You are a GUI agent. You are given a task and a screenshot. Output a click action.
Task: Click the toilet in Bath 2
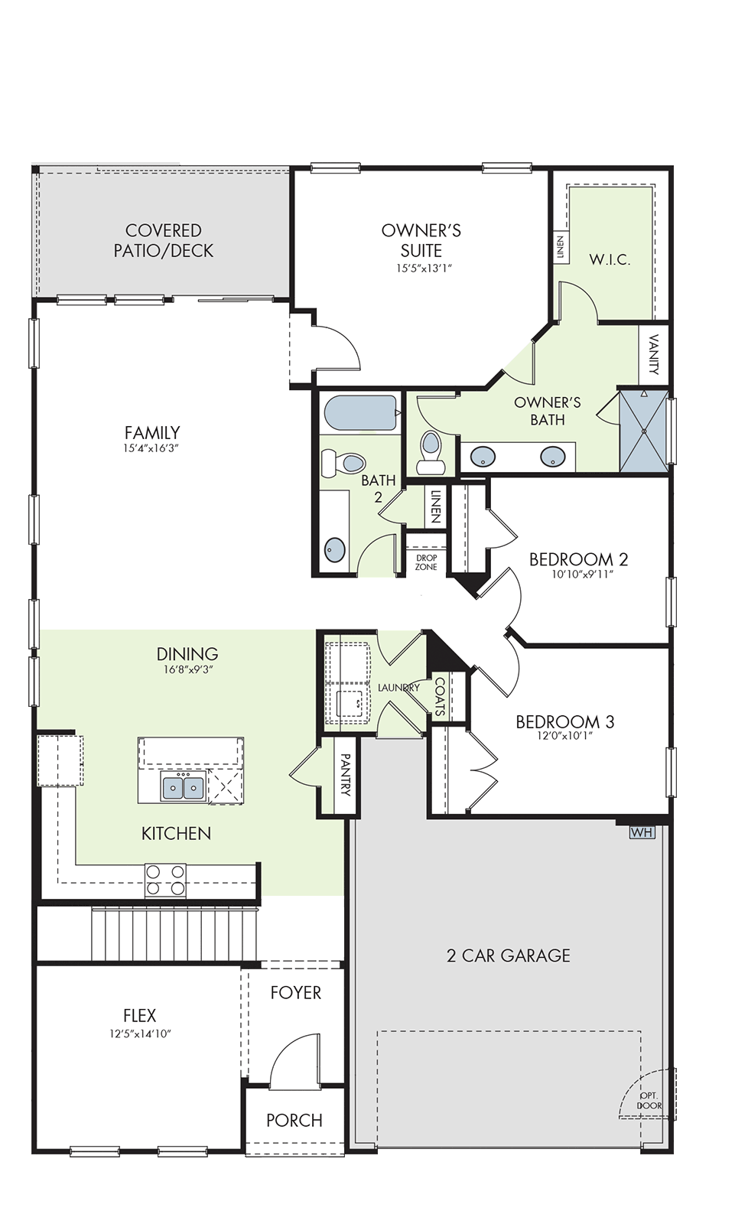(x=343, y=463)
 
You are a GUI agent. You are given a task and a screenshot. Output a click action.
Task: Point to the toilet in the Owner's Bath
(x=431, y=453)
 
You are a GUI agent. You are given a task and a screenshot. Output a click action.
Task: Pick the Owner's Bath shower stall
(x=644, y=431)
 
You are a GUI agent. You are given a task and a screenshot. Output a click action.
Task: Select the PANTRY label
(x=346, y=774)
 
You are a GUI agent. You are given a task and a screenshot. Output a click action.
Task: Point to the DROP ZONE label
(x=426, y=562)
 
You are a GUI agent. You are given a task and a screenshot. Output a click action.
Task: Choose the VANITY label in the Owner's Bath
(x=654, y=354)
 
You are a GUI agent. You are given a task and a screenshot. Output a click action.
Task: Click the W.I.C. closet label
(x=610, y=259)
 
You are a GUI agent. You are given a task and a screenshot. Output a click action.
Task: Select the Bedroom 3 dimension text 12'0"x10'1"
(x=565, y=736)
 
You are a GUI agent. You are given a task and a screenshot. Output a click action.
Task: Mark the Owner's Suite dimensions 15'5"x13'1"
(x=421, y=269)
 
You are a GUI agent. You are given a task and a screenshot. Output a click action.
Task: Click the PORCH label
(x=294, y=1120)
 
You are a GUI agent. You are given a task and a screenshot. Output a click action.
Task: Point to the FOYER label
(x=296, y=992)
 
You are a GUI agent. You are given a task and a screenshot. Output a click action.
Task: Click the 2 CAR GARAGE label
(x=508, y=955)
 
